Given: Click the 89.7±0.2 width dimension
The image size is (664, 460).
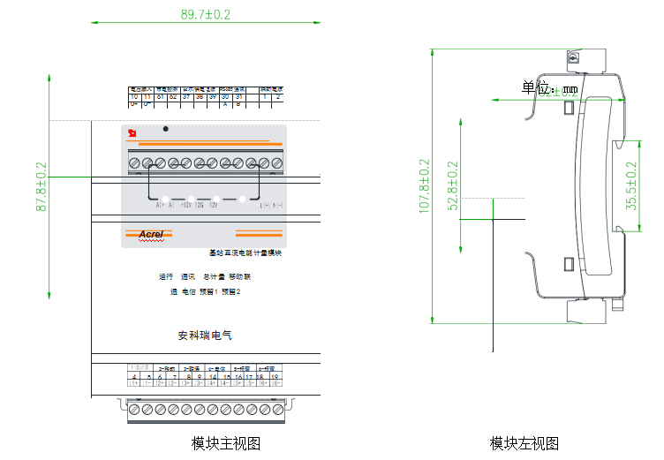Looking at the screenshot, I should [x=205, y=14].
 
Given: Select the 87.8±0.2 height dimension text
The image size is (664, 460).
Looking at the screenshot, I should [x=41, y=185].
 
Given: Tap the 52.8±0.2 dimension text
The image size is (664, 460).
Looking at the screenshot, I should [x=454, y=185].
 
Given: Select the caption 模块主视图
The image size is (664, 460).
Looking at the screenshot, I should [x=226, y=443].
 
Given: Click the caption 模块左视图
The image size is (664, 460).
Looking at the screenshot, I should [x=524, y=443].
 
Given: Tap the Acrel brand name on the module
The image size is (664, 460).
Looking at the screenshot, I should [x=151, y=234].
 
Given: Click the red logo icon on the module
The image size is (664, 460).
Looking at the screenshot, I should [x=132, y=133].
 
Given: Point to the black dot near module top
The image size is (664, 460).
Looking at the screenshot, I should [x=165, y=129].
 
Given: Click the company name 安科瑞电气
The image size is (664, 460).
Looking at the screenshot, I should [x=205, y=336].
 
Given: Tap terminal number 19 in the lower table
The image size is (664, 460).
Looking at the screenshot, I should [x=275, y=376].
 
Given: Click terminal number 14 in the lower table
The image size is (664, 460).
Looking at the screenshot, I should [x=213, y=376].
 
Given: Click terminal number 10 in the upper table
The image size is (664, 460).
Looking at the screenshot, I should [x=134, y=96].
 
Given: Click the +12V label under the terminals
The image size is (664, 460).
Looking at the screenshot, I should [x=186, y=206].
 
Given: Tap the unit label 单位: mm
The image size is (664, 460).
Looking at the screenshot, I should [x=548, y=88].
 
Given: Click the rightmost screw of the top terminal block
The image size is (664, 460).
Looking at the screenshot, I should [x=276, y=162].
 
